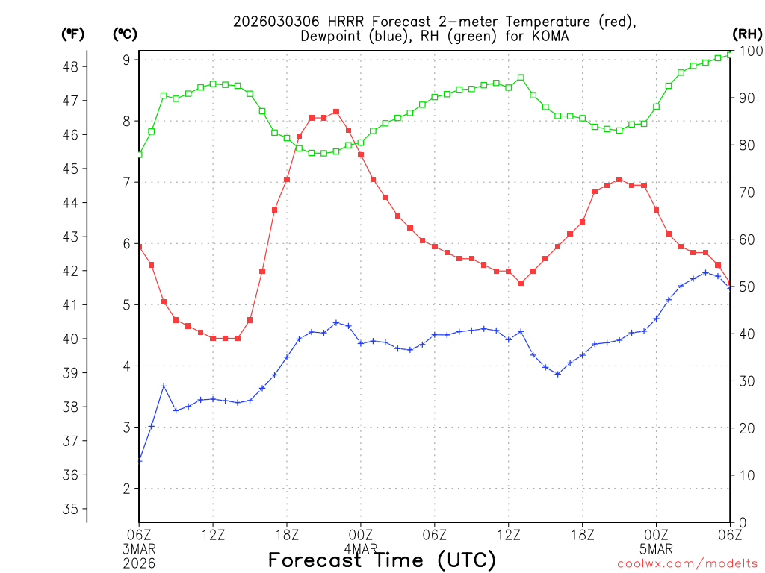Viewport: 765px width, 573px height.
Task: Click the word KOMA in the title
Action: (x=554, y=36)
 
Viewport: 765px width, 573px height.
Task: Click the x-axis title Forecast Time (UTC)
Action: (x=382, y=560)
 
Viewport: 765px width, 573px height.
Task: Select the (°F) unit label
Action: (x=72, y=34)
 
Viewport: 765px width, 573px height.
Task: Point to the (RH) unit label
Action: (x=746, y=34)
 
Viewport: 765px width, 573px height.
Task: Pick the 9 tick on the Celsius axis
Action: (x=127, y=60)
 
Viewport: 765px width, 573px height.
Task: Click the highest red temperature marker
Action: (x=336, y=112)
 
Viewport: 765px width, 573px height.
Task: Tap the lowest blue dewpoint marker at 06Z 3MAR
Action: (x=139, y=460)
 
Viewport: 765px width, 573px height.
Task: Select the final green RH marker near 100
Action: (x=730, y=54)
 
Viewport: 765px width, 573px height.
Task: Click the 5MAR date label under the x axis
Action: (x=657, y=548)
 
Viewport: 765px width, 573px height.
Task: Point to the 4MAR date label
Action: (x=361, y=548)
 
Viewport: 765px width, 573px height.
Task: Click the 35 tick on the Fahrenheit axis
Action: (x=72, y=509)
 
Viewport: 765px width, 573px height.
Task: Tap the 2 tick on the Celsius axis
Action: (x=127, y=489)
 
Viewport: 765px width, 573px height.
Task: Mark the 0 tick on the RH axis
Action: (x=741, y=522)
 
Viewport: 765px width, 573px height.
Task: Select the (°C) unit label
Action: (x=125, y=34)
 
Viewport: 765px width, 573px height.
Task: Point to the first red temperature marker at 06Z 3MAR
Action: (x=139, y=246)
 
